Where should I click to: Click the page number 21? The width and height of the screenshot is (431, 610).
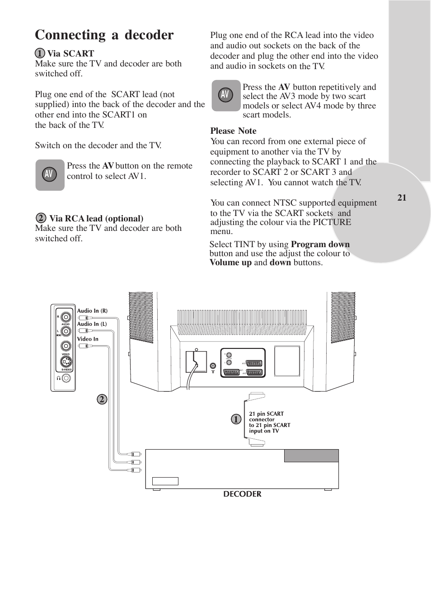pyautogui.click(x=402, y=197)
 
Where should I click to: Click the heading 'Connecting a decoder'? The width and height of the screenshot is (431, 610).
pyautogui.click(x=104, y=35)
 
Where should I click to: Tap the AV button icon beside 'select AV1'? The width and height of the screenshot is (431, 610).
pyautogui.click(x=50, y=174)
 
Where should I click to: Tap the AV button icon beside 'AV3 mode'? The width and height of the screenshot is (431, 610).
pyautogui.click(x=225, y=95)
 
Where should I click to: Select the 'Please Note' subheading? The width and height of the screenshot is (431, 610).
pyautogui.click(x=233, y=131)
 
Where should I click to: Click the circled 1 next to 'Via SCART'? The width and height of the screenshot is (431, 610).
pyautogui.click(x=40, y=53)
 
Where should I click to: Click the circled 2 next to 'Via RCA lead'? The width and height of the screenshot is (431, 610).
pyautogui.click(x=41, y=218)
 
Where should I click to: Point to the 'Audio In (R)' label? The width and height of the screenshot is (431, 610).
pyautogui.click(x=92, y=311)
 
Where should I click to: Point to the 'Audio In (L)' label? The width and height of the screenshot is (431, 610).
pyautogui.click(x=92, y=324)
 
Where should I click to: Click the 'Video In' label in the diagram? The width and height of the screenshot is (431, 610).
pyautogui.click(x=88, y=339)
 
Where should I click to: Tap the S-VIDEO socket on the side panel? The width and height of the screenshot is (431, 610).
pyautogui.click(x=66, y=361)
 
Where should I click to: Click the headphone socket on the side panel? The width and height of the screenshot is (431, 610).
pyautogui.click(x=66, y=378)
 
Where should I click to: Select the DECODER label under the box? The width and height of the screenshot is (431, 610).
pyautogui.click(x=242, y=494)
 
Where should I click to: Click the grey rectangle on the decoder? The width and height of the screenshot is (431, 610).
pyautogui.click(x=311, y=455)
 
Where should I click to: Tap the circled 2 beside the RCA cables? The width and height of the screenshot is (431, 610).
pyautogui.click(x=102, y=399)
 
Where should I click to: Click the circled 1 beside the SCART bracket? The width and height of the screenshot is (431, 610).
pyautogui.click(x=236, y=419)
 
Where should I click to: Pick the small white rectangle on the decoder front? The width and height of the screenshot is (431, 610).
pyautogui.click(x=165, y=481)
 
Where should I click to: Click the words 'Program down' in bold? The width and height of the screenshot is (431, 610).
pyautogui.click(x=320, y=244)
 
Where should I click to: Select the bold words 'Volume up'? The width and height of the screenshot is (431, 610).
pyautogui.click(x=230, y=263)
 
